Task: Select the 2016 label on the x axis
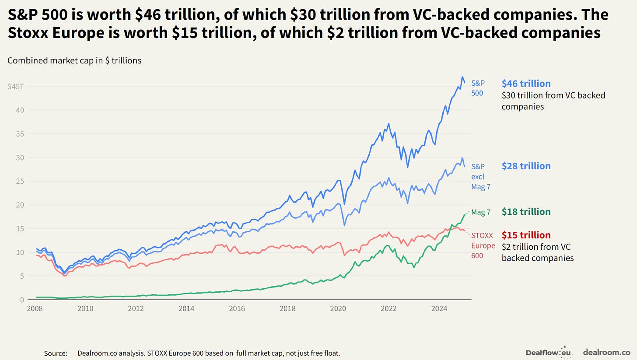click(x=237, y=308)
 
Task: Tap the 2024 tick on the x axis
click(x=439, y=308)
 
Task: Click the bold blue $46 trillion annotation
click(x=526, y=84)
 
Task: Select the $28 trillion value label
click(x=526, y=166)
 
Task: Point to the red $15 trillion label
click(x=526, y=235)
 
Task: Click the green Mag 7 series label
click(x=481, y=213)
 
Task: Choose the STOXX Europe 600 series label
click(x=483, y=246)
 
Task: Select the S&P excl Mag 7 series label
click(x=480, y=177)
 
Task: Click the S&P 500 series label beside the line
click(x=478, y=88)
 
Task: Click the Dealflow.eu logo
click(x=549, y=352)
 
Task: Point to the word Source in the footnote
click(x=55, y=353)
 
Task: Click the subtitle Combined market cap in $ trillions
click(x=74, y=61)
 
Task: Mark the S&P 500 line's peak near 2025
click(x=462, y=77)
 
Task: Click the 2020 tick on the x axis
click(x=338, y=308)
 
